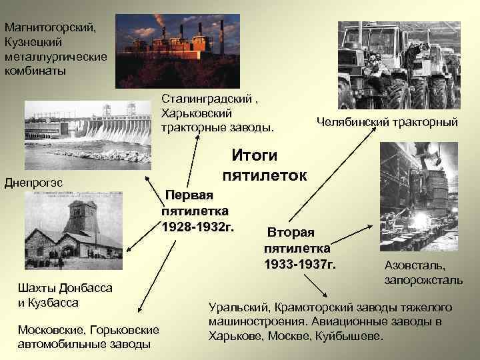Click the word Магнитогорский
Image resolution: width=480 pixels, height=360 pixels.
coord(50,29)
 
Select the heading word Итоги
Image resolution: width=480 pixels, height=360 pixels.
coord(254,155)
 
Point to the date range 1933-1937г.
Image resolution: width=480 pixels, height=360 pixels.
coord(300,265)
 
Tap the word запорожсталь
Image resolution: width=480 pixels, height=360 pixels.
coord(423,280)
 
